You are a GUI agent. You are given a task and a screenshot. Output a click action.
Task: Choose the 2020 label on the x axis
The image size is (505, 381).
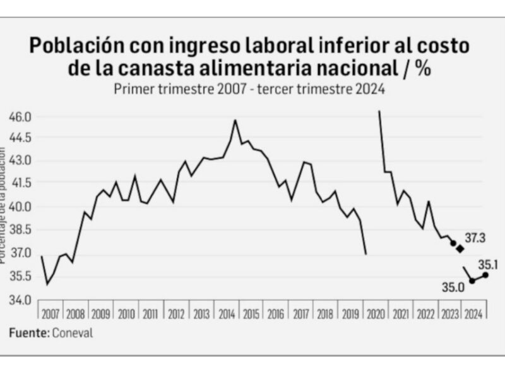click(376, 314)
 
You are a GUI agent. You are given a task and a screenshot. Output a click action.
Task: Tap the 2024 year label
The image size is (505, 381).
click(474, 314)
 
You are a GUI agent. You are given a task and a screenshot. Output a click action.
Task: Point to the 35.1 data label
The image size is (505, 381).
click(489, 265)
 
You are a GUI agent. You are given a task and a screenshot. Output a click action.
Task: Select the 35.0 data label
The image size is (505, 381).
click(453, 287)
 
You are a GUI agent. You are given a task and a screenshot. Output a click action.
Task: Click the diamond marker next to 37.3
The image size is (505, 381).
click(461, 248)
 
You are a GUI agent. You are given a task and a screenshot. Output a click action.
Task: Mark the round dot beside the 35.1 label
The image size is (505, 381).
click(485, 275)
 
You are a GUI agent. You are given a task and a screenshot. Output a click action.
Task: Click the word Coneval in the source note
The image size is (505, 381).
click(72, 333)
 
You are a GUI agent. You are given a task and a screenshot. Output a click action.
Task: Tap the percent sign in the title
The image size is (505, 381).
click(423, 68)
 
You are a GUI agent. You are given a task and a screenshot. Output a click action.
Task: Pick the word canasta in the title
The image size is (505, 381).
click(173, 68)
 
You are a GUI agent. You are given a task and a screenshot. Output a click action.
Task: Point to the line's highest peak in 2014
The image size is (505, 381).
click(235, 120)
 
